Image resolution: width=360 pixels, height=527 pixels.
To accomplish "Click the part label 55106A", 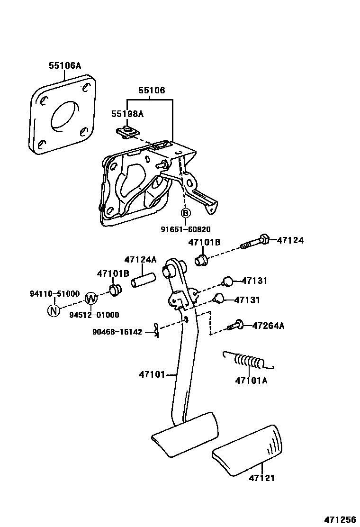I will pyautogui.click(x=65, y=66).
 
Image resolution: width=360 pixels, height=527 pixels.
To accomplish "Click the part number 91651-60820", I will pyautogui.click(x=185, y=229).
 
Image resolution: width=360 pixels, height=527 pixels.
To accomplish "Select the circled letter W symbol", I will pyautogui.click(x=91, y=298).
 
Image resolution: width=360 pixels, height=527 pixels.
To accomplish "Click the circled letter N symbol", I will pyautogui.click(x=54, y=311).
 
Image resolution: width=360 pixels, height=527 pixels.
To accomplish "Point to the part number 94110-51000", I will pyautogui.click(x=55, y=294).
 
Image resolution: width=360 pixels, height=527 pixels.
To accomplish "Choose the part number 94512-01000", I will pyautogui.click(x=94, y=315).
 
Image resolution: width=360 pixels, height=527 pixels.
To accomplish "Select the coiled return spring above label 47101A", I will pyautogui.click(x=247, y=362).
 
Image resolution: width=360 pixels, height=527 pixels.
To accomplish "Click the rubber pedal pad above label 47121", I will pyautogui.click(x=248, y=449).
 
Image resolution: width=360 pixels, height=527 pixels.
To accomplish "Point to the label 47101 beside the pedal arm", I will pyautogui.click(x=152, y=375).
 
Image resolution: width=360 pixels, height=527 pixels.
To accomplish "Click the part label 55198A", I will pyautogui.click(x=127, y=114).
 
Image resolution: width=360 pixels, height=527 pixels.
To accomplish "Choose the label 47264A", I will pyautogui.click(x=268, y=326).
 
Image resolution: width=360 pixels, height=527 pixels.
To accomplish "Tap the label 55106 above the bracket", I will pyautogui.click(x=152, y=90).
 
